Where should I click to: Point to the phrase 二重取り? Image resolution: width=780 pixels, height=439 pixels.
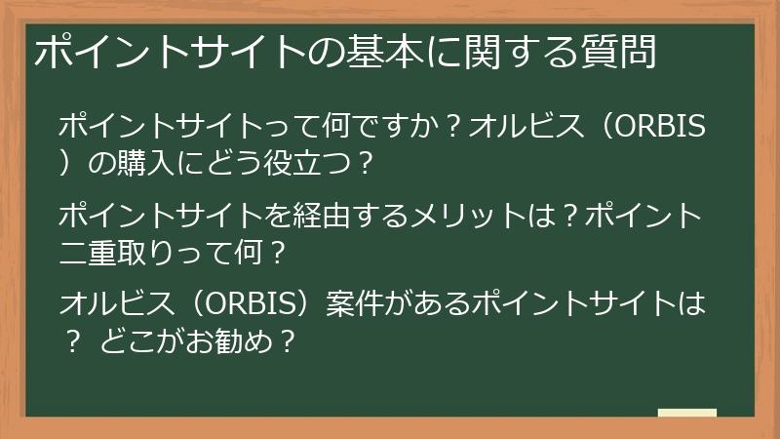point(127,253)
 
